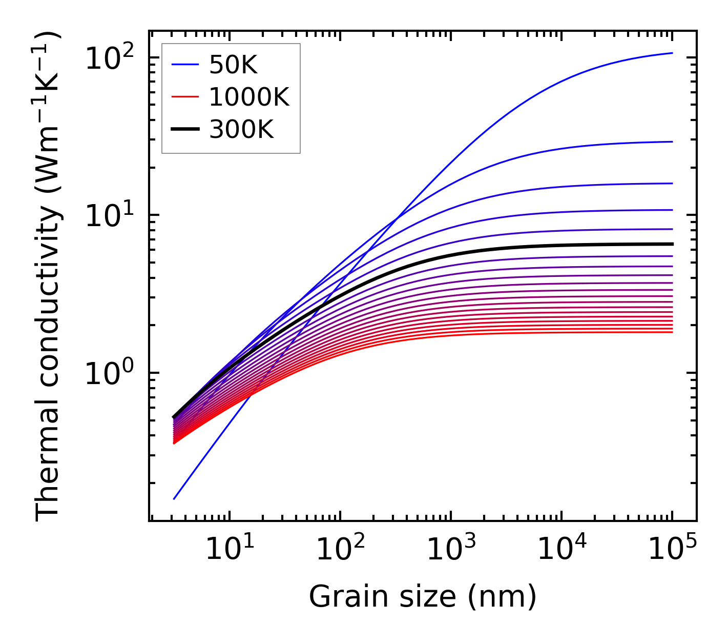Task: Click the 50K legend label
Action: (233, 65)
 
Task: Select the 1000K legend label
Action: (249, 97)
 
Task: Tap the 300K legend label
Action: (241, 130)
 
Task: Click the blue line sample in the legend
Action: (184, 65)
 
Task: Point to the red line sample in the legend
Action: (184, 97)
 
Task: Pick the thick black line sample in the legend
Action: (184, 130)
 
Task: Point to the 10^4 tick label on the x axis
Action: (561, 549)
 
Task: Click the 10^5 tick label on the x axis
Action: (672, 549)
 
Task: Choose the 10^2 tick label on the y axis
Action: (109, 58)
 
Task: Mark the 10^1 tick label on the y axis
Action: (109, 215)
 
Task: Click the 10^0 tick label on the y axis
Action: (109, 373)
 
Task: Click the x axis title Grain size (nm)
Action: (423, 597)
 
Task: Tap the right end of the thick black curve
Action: (672, 244)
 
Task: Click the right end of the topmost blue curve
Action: (672, 53)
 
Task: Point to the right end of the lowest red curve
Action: (672, 332)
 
